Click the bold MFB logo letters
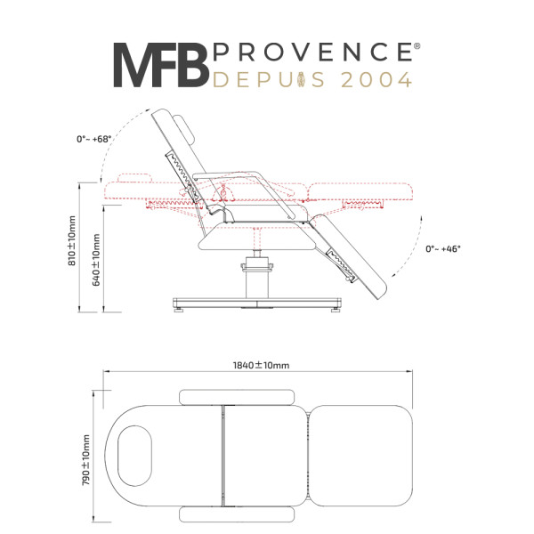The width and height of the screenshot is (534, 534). point(161,65)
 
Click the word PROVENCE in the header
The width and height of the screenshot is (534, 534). point(313,52)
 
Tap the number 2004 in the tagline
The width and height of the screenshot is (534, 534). point(376,80)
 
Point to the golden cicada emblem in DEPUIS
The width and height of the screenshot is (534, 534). point(302,80)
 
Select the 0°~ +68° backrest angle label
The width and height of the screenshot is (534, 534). point(94,139)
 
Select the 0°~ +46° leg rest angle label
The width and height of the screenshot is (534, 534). point(443,249)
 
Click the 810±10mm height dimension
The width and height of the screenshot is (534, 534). point(72,240)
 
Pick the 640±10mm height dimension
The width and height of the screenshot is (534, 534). point(96,260)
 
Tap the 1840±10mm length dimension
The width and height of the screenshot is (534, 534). point(261,366)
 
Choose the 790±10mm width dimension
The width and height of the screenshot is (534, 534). point(85,460)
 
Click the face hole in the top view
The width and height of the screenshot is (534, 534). point(135,456)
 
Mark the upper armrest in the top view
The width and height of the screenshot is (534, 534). point(237,398)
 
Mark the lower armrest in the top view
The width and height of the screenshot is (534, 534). point(237,514)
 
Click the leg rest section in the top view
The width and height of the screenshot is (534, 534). point(361,456)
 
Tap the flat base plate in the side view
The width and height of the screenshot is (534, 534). point(257,303)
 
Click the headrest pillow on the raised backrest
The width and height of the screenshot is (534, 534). point(184,131)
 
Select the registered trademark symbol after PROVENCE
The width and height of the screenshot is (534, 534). point(417,46)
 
